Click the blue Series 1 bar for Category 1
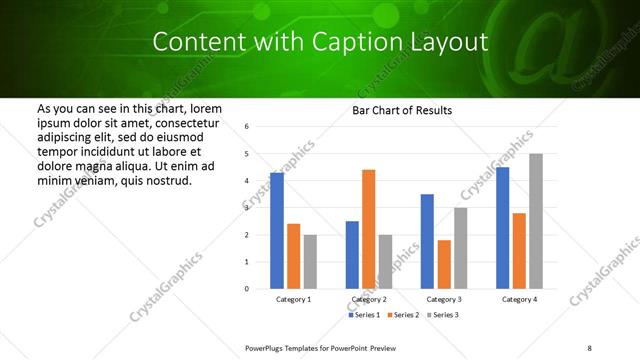point(277,230)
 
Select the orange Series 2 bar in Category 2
point(368,229)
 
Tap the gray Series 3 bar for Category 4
point(536,221)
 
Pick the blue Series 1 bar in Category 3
point(427,241)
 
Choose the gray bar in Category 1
point(311,261)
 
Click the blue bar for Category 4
point(502,228)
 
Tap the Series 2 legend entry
point(405,315)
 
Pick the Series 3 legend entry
point(445,315)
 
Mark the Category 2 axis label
point(368,300)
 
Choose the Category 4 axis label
point(518,300)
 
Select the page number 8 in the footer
point(590,347)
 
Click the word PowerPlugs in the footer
point(268,347)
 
